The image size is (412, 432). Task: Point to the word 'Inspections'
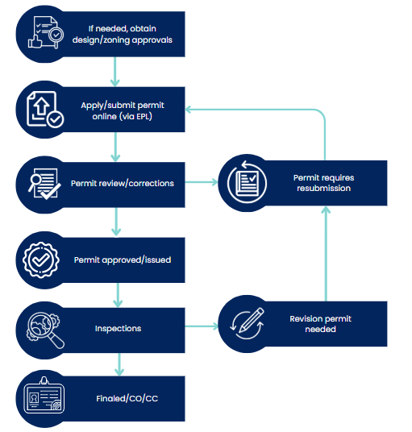(118, 329)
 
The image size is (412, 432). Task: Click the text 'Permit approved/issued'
(123, 260)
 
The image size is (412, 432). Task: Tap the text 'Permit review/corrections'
(123, 184)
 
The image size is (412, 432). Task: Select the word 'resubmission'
(323, 189)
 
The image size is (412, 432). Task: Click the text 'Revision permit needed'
(321, 324)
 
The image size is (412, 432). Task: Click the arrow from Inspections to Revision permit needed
(202, 326)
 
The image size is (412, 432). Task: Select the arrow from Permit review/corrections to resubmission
(202, 183)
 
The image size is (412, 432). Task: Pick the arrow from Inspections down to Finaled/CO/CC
(119, 364)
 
